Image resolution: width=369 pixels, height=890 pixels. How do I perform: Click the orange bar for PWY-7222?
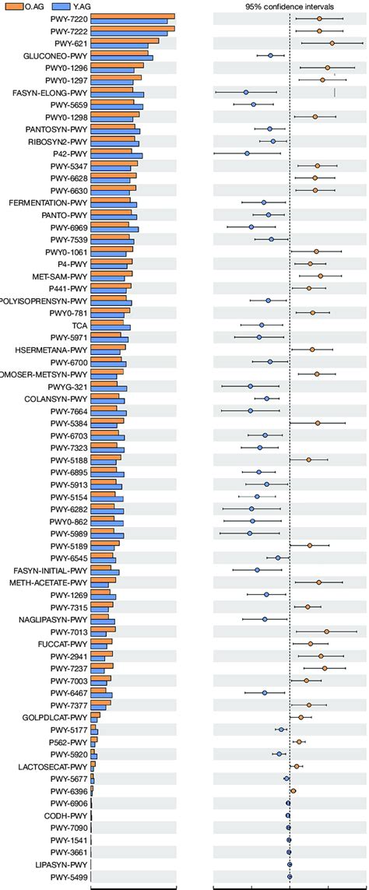tap(132, 29)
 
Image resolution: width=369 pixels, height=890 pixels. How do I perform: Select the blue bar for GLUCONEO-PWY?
tap(121, 58)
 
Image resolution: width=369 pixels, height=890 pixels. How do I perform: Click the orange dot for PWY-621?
tap(332, 44)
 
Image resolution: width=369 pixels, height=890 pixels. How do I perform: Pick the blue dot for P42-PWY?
tap(247, 153)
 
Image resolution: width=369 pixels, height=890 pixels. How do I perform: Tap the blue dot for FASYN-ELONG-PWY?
tap(245, 93)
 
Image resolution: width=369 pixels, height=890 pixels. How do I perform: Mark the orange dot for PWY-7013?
tap(326, 631)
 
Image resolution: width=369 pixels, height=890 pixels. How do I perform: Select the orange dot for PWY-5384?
tap(318, 423)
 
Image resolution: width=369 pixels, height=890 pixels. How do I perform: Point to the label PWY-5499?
tap(69, 877)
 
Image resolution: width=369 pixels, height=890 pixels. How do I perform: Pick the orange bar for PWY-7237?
tap(102, 666)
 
